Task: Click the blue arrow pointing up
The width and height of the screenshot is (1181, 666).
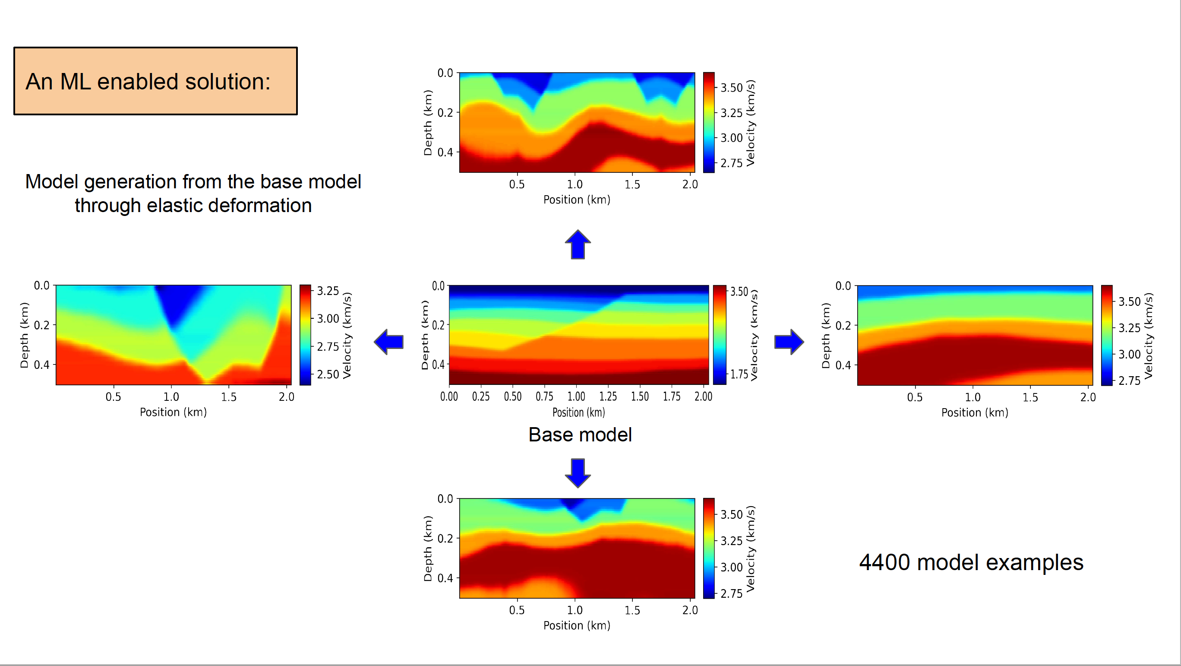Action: tap(578, 244)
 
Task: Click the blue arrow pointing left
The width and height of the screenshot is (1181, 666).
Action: tap(389, 342)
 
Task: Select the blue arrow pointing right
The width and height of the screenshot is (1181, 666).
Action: tap(789, 342)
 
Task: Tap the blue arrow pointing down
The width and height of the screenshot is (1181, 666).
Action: tap(578, 473)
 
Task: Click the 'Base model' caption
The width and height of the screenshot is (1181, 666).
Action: tap(580, 434)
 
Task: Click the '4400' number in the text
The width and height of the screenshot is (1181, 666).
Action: tap(884, 562)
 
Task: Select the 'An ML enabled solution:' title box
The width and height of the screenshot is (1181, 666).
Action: tap(155, 81)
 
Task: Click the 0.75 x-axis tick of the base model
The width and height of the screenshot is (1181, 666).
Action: tap(544, 396)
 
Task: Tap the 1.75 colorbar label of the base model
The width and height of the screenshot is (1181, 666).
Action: tap(739, 374)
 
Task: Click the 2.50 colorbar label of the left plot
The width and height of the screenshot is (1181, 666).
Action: tap(328, 374)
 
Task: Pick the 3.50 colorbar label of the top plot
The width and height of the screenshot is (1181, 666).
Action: tap(731, 88)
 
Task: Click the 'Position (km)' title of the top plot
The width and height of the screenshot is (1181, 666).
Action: tap(576, 200)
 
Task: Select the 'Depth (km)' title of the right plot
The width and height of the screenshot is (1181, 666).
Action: tap(826, 335)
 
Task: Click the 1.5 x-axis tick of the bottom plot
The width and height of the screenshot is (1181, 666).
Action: tap(632, 610)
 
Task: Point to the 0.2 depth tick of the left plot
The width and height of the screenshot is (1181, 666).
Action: tap(41, 325)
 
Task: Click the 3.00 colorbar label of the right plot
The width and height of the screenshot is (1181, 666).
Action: tap(1129, 354)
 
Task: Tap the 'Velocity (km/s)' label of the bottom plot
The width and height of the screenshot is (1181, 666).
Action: tap(751, 549)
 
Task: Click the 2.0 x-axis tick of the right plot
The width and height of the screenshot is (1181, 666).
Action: tap(1088, 397)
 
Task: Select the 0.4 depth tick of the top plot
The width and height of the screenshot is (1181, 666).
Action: tap(445, 152)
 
